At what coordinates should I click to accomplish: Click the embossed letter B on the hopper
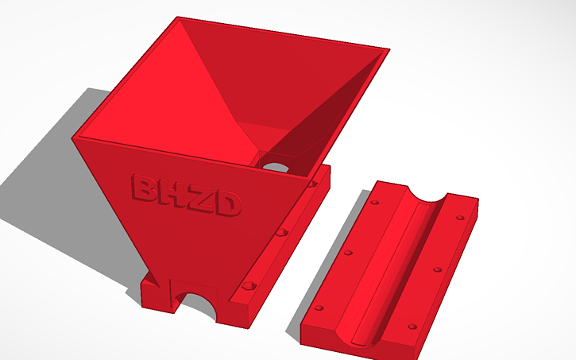(142, 190)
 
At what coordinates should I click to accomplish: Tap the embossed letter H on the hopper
(172, 195)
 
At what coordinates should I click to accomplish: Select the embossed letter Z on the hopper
(199, 200)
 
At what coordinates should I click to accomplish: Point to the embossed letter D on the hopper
(227, 206)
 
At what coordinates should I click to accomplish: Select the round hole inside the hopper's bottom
(276, 167)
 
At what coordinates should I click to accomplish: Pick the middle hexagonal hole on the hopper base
(280, 234)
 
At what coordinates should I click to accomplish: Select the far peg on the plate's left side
(374, 202)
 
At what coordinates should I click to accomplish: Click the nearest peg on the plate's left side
(319, 308)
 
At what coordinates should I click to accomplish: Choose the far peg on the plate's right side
(459, 217)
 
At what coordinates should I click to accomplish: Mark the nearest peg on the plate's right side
(412, 326)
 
